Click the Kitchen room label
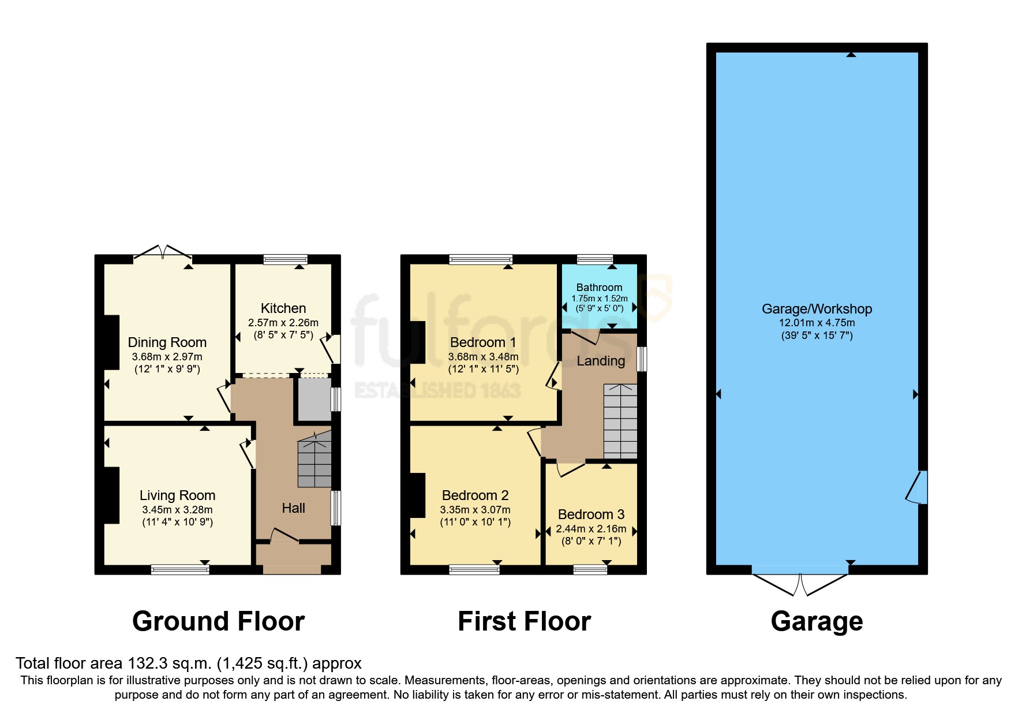tap(283, 308)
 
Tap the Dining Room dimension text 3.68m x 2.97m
tap(167, 357)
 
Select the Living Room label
tap(177, 495)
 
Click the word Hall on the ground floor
tap(293, 508)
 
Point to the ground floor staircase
tap(315, 463)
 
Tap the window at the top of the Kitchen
tap(286, 260)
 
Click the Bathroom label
tap(599, 288)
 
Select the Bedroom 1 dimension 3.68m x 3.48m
tap(483, 357)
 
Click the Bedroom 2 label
tap(475, 495)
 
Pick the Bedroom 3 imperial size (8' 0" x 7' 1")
tap(591, 541)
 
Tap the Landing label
tap(601, 361)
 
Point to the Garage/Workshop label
tap(817, 309)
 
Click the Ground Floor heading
tap(218, 621)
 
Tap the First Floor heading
tap(524, 621)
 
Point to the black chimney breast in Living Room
tap(111, 495)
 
